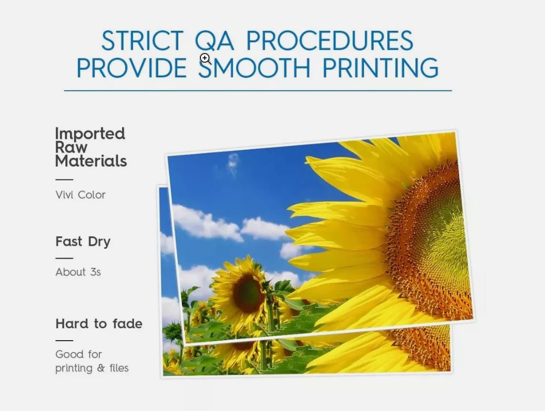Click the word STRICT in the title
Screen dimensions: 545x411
tap(142, 41)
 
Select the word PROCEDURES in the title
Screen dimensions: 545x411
tap(330, 41)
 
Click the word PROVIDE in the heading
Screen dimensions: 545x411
tap(131, 68)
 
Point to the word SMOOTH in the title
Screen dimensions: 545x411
tap(254, 68)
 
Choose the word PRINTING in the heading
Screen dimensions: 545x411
tap(380, 68)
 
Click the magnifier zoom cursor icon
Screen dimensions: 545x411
tap(205, 59)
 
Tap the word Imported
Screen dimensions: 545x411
tap(90, 134)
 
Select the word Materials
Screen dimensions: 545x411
tap(91, 161)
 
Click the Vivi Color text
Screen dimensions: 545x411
tap(80, 195)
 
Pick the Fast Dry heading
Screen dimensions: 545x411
tap(83, 242)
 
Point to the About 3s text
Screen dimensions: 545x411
tap(78, 272)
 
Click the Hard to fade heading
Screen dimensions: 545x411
tap(99, 323)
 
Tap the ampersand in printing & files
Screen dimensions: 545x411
tap(101, 368)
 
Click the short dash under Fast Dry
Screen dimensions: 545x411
tap(64, 258)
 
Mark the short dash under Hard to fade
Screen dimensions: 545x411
tap(64, 340)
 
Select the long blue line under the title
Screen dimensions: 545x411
tap(258, 90)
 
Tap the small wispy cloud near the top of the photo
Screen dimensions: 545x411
tap(233, 164)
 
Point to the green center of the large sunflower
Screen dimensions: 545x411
tap(448, 240)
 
